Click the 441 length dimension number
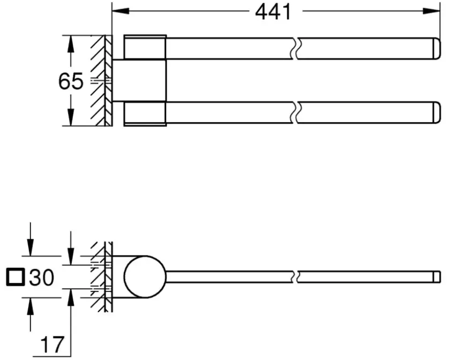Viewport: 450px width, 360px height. click(x=273, y=11)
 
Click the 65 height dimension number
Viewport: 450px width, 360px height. click(x=71, y=81)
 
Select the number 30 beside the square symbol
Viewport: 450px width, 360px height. click(x=42, y=277)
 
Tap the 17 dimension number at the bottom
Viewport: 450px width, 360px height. click(x=52, y=343)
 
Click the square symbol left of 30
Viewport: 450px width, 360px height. click(x=16, y=277)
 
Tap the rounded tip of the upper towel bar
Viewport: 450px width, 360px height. click(x=435, y=48)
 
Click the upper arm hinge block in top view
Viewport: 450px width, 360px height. click(x=145, y=47)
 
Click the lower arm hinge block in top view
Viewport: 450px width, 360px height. click(x=145, y=114)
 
